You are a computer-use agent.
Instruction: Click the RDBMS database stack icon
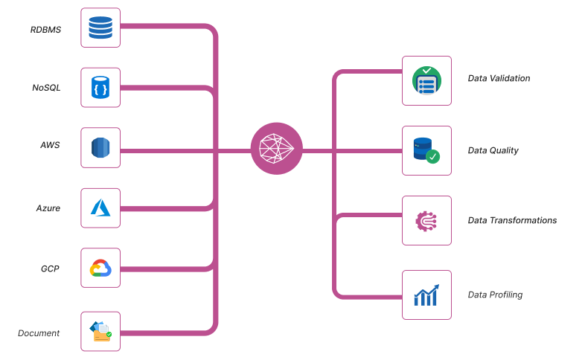pos(100,28)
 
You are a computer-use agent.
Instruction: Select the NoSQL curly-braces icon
pos(100,88)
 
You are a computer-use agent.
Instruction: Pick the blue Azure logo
pos(100,208)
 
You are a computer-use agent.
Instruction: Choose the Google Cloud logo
pos(100,268)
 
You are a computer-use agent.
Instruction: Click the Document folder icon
pos(100,331)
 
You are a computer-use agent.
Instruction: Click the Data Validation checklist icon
pos(426,80)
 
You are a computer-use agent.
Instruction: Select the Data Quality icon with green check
pos(426,150)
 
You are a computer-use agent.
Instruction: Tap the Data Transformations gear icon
pos(426,220)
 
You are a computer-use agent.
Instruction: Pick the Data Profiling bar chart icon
pos(426,295)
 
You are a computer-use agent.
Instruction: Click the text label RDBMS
pos(45,30)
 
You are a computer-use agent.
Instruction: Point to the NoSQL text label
pos(46,88)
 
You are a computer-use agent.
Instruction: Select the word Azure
pos(48,208)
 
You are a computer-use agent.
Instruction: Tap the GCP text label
pos(50,268)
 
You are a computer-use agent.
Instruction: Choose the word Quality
pos(504,151)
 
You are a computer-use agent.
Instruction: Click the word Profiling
pos(506,295)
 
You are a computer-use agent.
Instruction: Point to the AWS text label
pos(50,144)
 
